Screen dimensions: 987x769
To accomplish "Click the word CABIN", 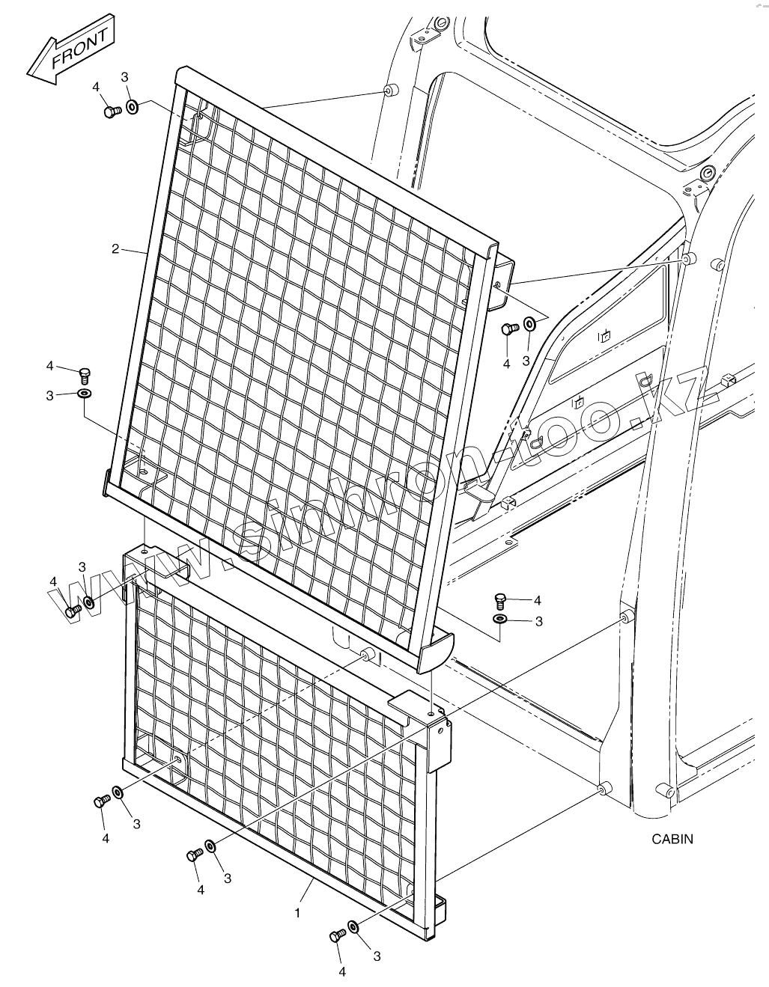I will (672, 839).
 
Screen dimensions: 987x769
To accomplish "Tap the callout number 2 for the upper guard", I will (115, 249).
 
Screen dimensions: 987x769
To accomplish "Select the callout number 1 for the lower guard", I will (297, 913).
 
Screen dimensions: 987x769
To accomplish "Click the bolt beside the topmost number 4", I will (112, 111).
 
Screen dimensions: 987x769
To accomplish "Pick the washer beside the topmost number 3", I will (132, 106).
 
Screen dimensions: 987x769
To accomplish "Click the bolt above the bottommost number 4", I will (337, 935).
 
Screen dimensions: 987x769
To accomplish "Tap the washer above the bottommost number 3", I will (354, 928).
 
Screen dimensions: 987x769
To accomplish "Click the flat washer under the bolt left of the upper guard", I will (84, 393).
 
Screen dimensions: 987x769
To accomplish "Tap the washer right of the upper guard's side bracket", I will (529, 324).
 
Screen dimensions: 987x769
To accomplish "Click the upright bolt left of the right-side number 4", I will (500, 599).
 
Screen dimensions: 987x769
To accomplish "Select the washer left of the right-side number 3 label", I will (499, 620).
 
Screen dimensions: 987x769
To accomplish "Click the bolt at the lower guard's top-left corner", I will (73, 611).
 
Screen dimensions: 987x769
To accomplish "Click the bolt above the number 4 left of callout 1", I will (195, 854).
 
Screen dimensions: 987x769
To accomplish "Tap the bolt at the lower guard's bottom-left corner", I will (101, 801).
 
